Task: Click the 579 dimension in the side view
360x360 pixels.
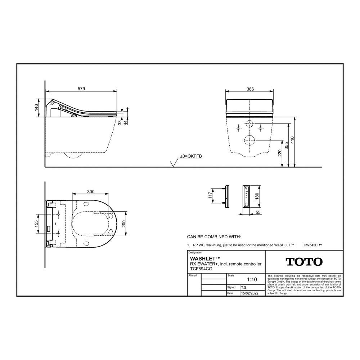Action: click(81, 89)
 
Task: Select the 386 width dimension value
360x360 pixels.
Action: click(250, 89)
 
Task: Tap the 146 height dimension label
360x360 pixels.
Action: click(36, 107)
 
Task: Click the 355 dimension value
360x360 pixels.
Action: click(286, 145)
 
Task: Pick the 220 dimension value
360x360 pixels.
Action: click(280, 153)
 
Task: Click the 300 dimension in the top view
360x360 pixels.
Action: click(91, 192)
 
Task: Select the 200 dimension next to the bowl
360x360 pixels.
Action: click(124, 224)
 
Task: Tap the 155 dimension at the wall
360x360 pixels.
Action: click(36, 224)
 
